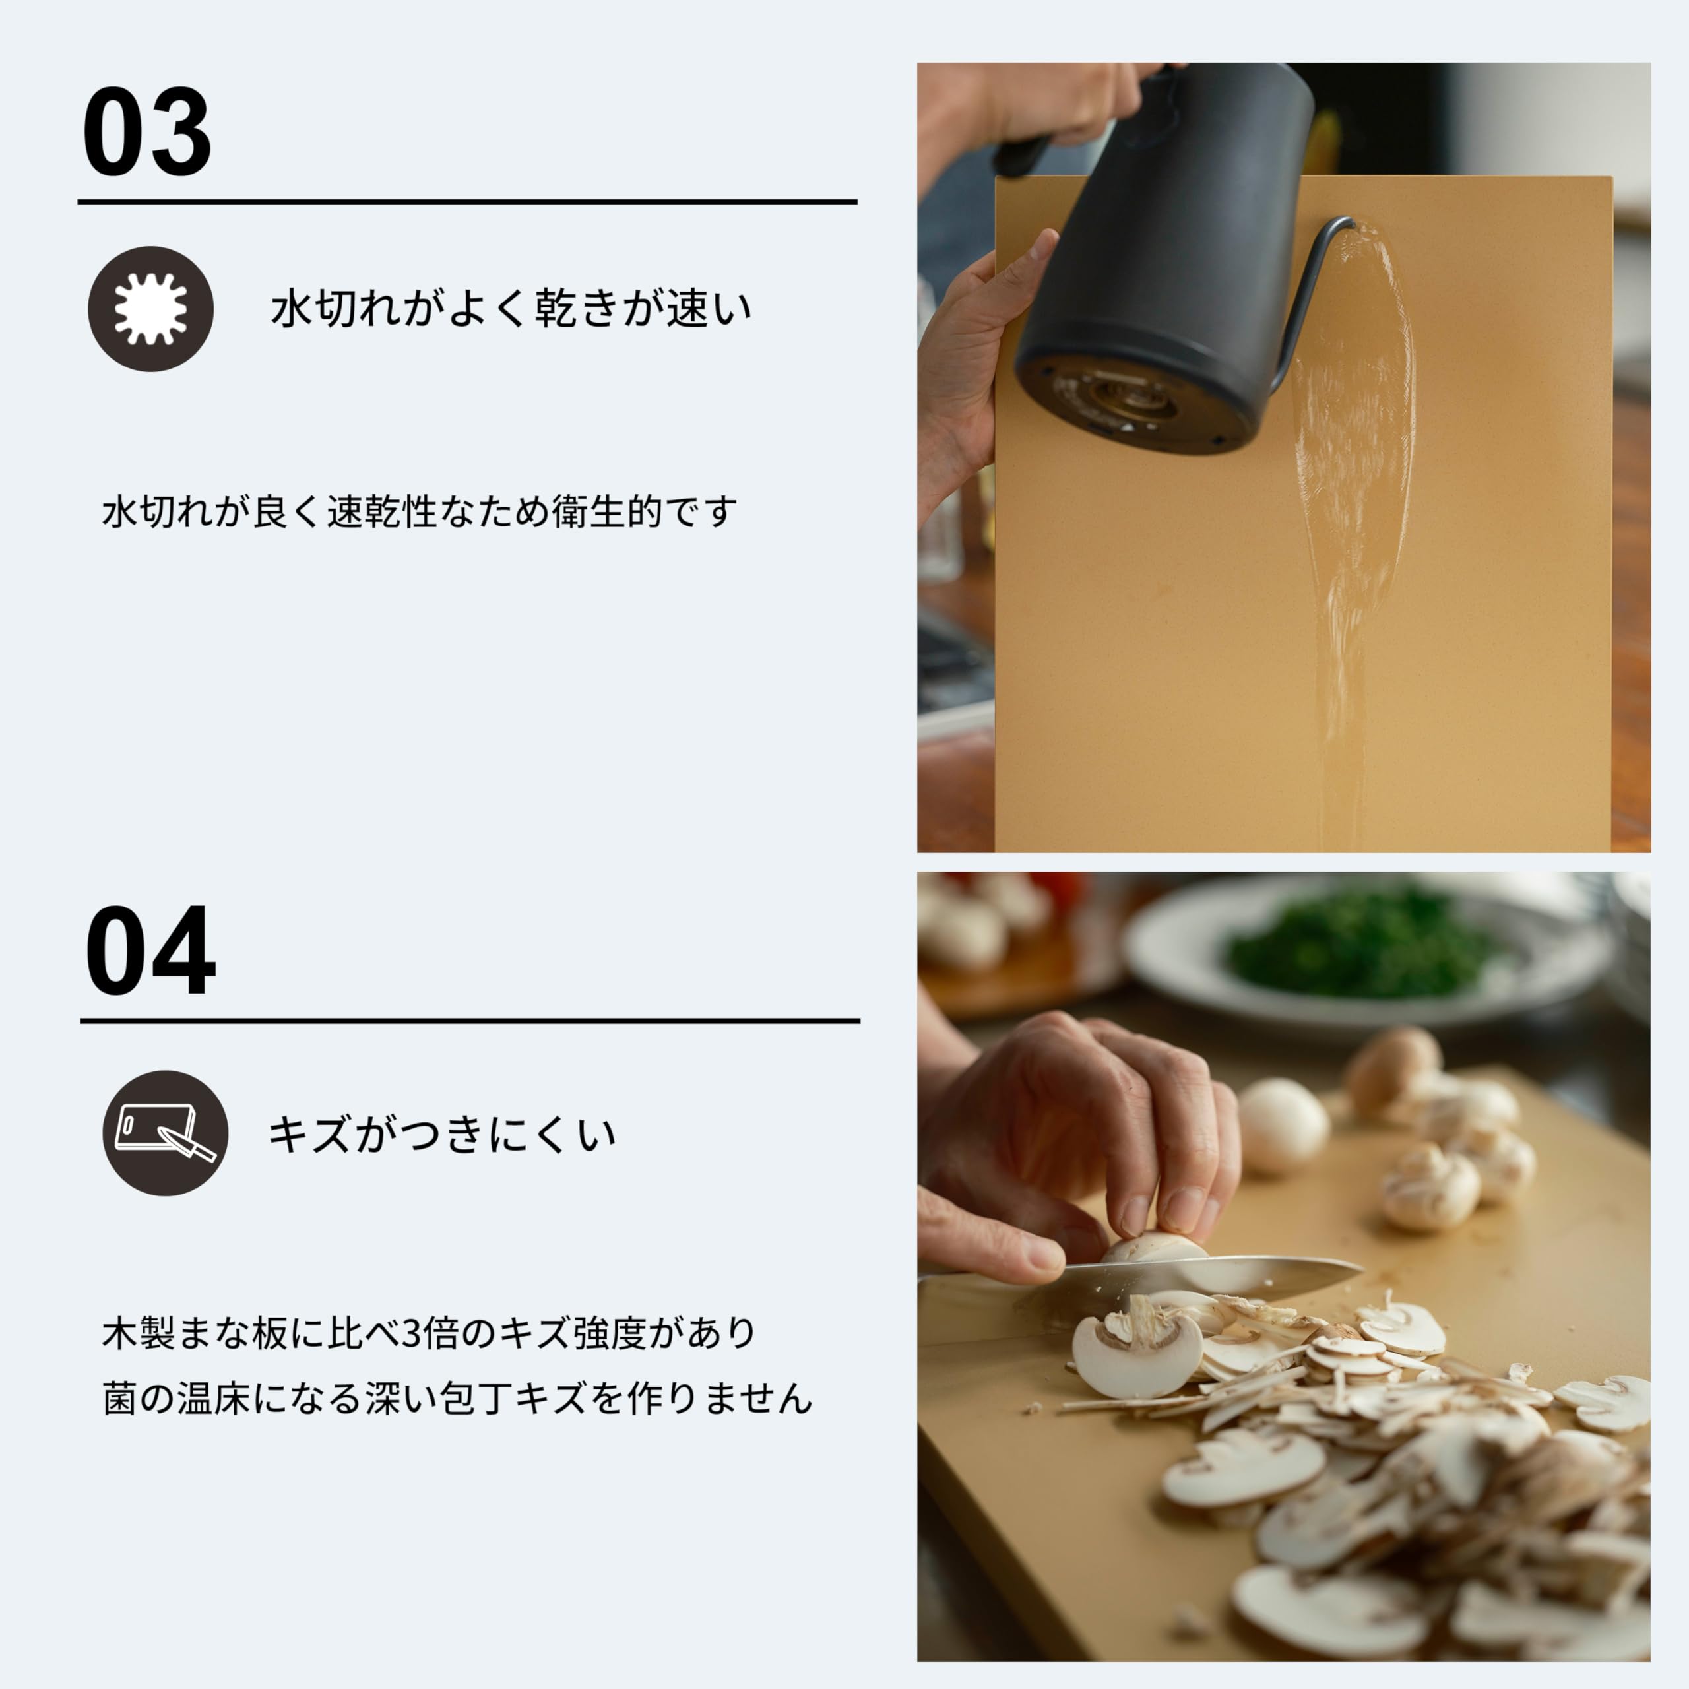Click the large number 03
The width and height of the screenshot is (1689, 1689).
click(x=147, y=132)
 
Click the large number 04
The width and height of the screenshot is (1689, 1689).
click(x=150, y=951)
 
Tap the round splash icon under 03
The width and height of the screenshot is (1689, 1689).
click(x=150, y=309)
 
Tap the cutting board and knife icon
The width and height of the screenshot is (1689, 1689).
click(x=165, y=1133)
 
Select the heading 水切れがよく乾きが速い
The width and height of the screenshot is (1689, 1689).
click(x=511, y=309)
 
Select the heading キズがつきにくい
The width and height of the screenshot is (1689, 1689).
click(x=441, y=1135)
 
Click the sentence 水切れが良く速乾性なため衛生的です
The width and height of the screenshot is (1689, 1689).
click(x=420, y=511)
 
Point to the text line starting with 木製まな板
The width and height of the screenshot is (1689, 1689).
click(x=428, y=1333)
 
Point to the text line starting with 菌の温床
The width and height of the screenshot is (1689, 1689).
click(x=457, y=1398)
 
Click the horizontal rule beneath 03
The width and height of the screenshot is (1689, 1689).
click(x=467, y=202)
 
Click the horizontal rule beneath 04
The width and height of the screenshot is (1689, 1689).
click(x=470, y=1020)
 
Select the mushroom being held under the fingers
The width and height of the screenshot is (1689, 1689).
click(x=1154, y=1246)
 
